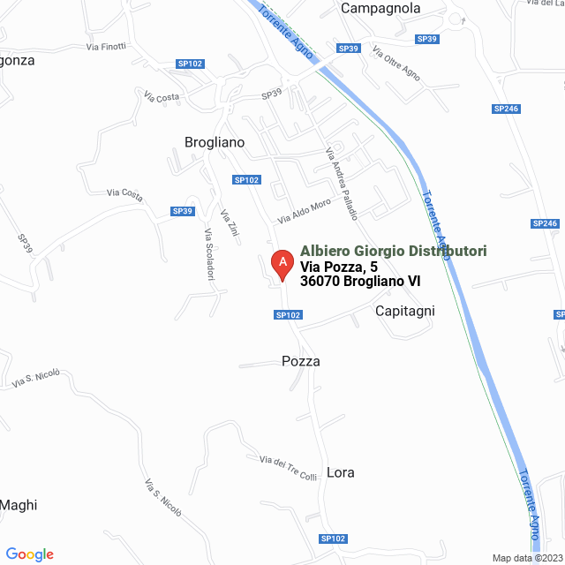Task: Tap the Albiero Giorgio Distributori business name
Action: coord(393,252)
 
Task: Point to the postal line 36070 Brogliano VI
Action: coord(359,282)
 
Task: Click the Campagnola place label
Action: coord(380,9)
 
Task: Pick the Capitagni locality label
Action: coord(405,311)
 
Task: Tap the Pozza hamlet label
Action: coord(300,361)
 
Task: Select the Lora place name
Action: coord(341,472)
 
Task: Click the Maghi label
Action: coord(19,505)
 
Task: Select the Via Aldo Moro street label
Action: coord(305,209)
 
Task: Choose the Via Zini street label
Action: coord(230,222)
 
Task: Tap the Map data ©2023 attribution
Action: coord(527,558)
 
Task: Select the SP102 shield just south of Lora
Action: coord(333,539)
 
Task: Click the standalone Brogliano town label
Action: coord(215,141)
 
